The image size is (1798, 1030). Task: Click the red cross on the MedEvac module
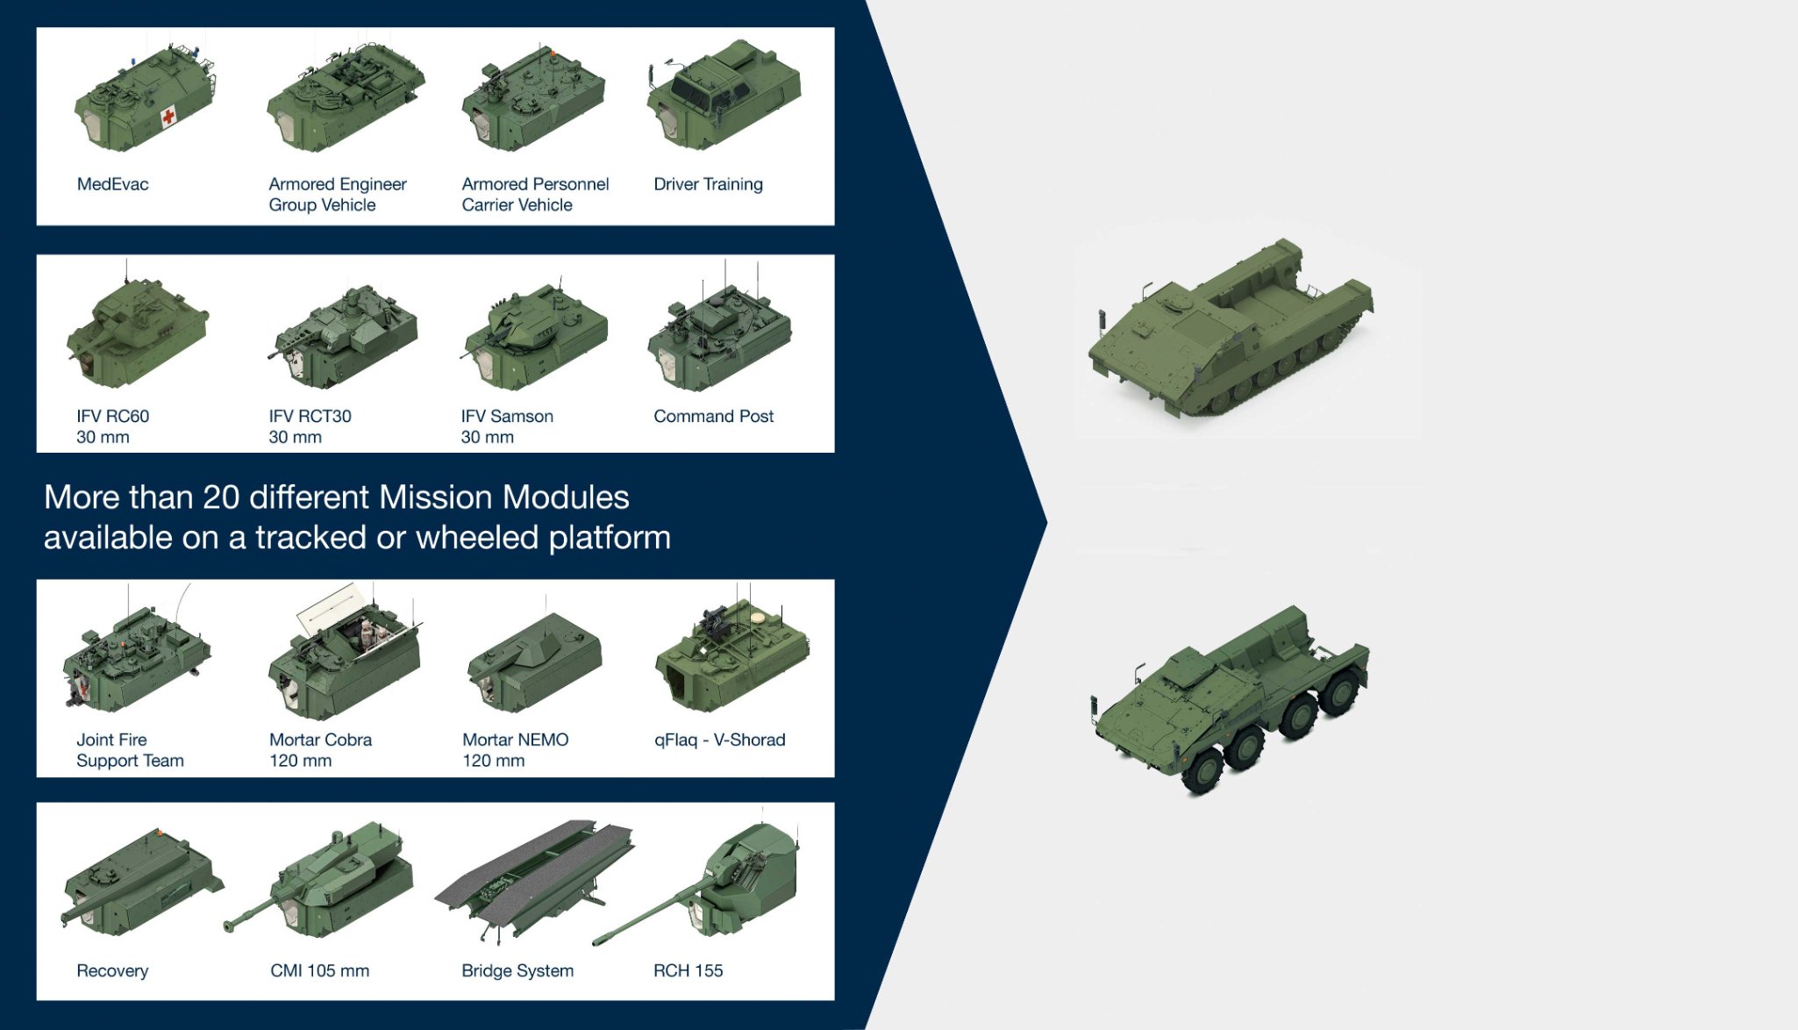(168, 116)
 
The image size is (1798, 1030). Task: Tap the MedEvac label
(113, 184)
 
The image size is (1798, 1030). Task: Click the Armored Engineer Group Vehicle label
(338, 195)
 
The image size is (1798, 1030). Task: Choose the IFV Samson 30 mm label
(507, 426)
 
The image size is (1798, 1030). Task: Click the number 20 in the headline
(221, 497)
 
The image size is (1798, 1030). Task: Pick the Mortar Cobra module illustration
(345, 654)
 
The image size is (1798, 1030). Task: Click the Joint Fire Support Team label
(130, 750)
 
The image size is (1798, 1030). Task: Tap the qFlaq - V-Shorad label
(719, 740)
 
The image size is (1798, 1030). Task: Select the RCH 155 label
(689, 971)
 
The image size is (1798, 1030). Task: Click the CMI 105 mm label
(320, 971)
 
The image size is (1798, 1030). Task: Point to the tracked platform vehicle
(1230, 328)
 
